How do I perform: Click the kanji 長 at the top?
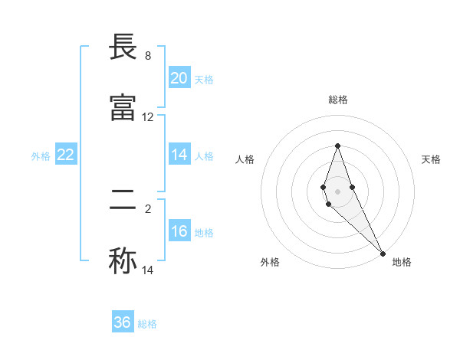[x=123, y=49]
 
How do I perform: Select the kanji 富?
[x=123, y=108]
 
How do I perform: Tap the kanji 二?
[x=123, y=201]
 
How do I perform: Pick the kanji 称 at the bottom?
[x=123, y=260]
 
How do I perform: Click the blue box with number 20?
[x=179, y=78]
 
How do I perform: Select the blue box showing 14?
[x=179, y=155]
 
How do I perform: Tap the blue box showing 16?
[x=179, y=231]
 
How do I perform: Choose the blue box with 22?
[x=66, y=155]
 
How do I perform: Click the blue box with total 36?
[x=123, y=322]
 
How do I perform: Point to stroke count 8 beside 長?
[x=148, y=56]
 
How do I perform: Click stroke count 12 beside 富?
[x=148, y=117]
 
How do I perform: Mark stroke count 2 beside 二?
[x=148, y=207]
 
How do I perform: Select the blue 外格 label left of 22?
[x=41, y=155]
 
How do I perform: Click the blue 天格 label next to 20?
[x=204, y=79]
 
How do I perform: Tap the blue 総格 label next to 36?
[x=147, y=323]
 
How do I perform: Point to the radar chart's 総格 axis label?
[x=338, y=100]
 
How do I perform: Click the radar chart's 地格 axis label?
[x=402, y=262]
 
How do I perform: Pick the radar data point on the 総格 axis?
[x=337, y=146]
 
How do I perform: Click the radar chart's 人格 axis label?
[x=245, y=159]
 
